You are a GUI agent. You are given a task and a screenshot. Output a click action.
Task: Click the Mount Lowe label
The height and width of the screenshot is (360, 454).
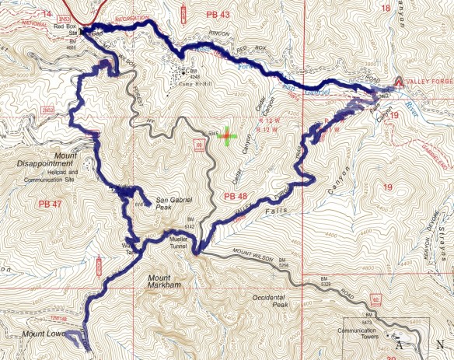[x=40, y=335]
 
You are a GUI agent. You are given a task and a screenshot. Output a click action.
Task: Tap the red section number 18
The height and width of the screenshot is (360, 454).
[x=386, y=8]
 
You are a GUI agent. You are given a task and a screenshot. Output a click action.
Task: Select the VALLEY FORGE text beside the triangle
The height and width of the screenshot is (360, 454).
[x=430, y=81]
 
